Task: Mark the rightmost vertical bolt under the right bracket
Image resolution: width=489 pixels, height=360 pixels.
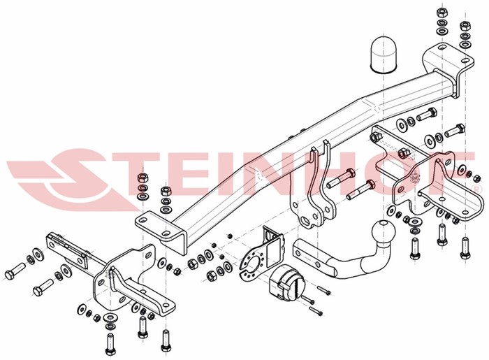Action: pos(465,247)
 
